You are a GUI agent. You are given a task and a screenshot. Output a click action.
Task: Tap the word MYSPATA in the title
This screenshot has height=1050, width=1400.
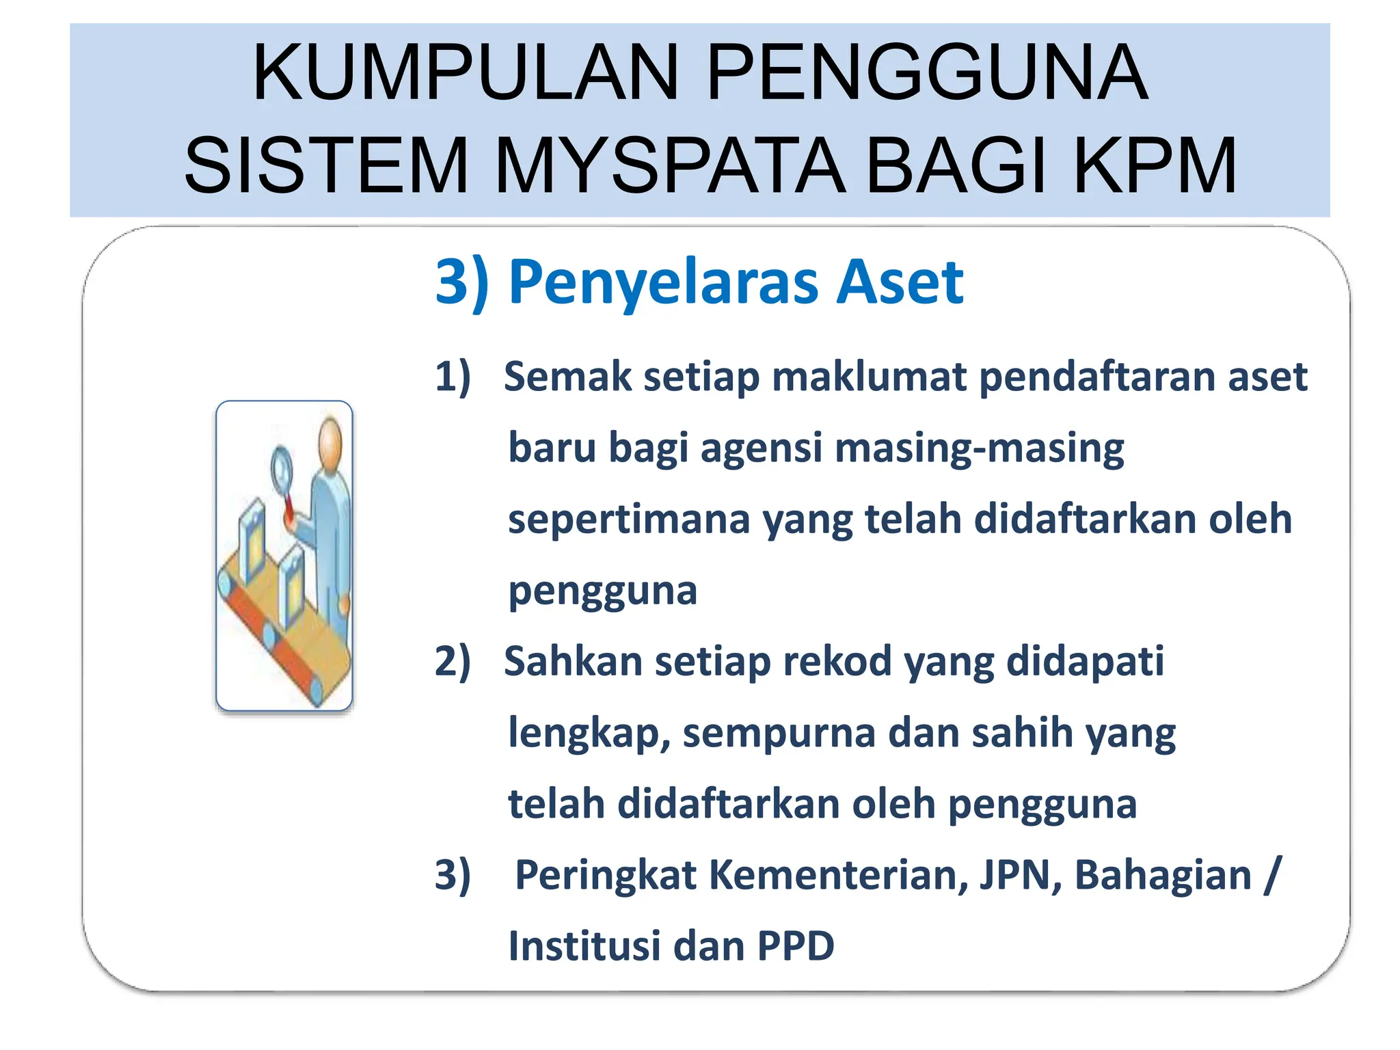pos(670,165)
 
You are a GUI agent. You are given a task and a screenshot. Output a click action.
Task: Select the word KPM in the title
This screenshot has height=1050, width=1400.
pos(1155,165)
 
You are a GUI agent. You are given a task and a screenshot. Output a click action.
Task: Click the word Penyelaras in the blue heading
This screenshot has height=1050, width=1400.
pos(662,282)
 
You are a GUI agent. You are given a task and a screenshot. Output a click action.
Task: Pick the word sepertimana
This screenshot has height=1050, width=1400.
pos(629,520)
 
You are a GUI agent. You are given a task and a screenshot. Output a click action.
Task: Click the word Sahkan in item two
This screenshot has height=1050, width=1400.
pos(571,662)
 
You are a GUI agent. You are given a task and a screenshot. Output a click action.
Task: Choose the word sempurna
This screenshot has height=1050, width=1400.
pos(779,733)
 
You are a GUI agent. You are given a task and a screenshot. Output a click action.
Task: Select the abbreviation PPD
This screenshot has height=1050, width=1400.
pos(796,947)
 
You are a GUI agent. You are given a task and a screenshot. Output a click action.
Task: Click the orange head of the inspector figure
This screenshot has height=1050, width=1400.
pos(331,440)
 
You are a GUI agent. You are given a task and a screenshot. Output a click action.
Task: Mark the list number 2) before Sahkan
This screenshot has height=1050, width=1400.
pos(453,662)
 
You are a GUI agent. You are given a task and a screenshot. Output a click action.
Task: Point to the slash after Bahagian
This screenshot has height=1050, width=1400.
pos(1271,875)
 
